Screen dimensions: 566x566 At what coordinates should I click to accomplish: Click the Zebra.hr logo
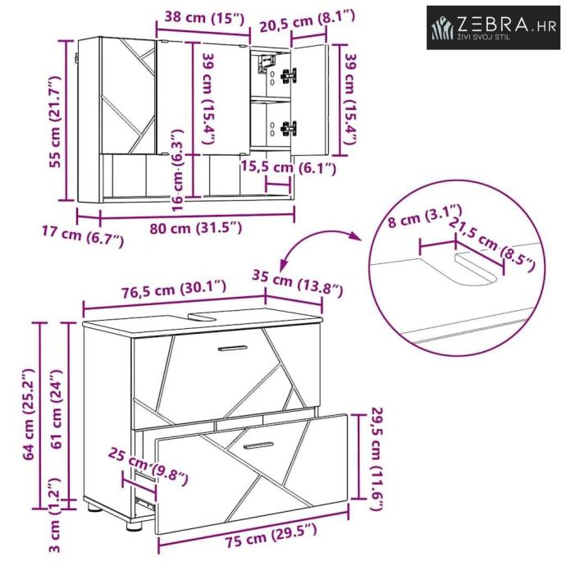(493, 27)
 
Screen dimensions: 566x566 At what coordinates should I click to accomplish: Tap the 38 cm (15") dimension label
(205, 17)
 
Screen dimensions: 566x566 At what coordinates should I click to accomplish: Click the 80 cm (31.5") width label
(196, 228)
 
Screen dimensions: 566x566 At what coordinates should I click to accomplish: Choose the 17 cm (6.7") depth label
(83, 235)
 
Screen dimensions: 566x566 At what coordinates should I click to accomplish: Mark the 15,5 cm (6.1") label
(289, 167)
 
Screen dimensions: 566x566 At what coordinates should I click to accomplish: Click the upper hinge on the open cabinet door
(289, 75)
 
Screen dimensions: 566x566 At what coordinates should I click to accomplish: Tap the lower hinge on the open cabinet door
(289, 129)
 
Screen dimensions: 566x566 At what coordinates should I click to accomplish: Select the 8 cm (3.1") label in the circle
(425, 216)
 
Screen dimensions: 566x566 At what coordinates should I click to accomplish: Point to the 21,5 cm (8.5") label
(491, 244)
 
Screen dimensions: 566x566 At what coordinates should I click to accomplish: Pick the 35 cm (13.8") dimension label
(297, 283)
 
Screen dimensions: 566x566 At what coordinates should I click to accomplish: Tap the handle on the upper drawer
(233, 349)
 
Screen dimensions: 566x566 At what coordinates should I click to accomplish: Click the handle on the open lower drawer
(258, 445)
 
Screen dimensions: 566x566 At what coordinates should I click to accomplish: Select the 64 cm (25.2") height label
(28, 415)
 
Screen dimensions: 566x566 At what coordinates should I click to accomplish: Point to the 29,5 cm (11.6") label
(377, 459)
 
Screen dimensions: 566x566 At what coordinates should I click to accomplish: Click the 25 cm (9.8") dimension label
(148, 466)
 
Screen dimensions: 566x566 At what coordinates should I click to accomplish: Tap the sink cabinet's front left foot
(134, 525)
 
